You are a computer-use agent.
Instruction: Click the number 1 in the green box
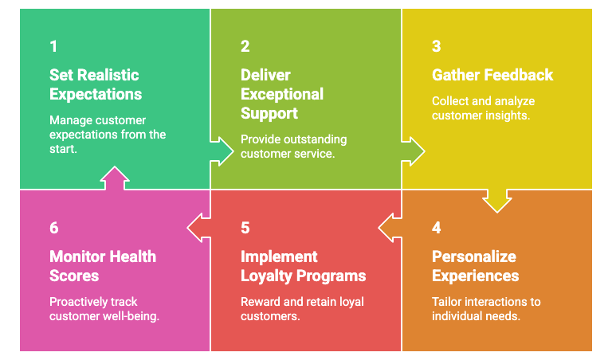(x=53, y=46)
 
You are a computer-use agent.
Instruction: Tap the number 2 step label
(x=245, y=46)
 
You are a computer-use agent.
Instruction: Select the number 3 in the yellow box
(x=436, y=46)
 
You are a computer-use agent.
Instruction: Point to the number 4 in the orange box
(x=436, y=228)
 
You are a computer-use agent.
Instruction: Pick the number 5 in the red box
(x=245, y=228)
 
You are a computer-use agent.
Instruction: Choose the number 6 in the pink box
(x=53, y=228)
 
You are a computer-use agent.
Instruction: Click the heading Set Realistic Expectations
(x=95, y=84)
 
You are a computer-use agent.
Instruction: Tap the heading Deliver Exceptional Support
(x=282, y=94)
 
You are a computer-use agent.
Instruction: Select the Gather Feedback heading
(x=492, y=75)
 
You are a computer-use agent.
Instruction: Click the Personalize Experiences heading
(x=475, y=266)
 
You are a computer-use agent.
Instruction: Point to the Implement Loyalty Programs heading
(x=303, y=266)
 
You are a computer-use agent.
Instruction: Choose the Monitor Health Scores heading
(x=102, y=266)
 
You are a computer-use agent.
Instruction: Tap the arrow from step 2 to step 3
(x=412, y=150)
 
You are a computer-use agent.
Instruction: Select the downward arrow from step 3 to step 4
(x=497, y=199)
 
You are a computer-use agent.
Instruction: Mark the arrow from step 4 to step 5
(x=391, y=228)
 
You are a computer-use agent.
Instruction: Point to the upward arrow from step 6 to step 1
(x=115, y=179)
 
